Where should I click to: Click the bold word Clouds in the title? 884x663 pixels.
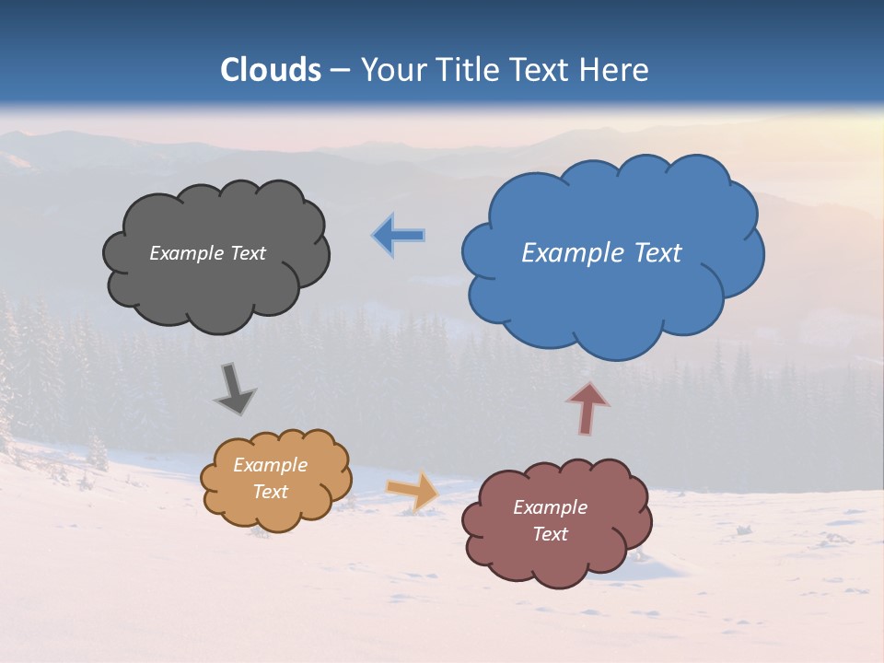click(x=271, y=70)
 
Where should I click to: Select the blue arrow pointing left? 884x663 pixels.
click(x=399, y=236)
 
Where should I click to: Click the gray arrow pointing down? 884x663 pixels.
click(x=235, y=388)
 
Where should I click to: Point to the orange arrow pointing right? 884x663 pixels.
click(x=413, y=490)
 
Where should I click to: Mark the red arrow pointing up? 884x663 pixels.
click(x=587, y=408)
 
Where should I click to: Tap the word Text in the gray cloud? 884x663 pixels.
click(x=248, y=253)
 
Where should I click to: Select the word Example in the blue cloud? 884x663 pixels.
click(x=576, y=253)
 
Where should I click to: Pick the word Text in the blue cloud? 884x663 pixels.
click(x=657, y=253)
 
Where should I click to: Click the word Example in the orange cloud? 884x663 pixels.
click(x=270, y=465)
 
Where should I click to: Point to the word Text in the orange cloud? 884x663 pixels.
click(x=270, y=492)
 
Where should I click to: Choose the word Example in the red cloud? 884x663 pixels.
click(x=550, y=507)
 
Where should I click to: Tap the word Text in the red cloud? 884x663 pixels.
click(x=550, y=534)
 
